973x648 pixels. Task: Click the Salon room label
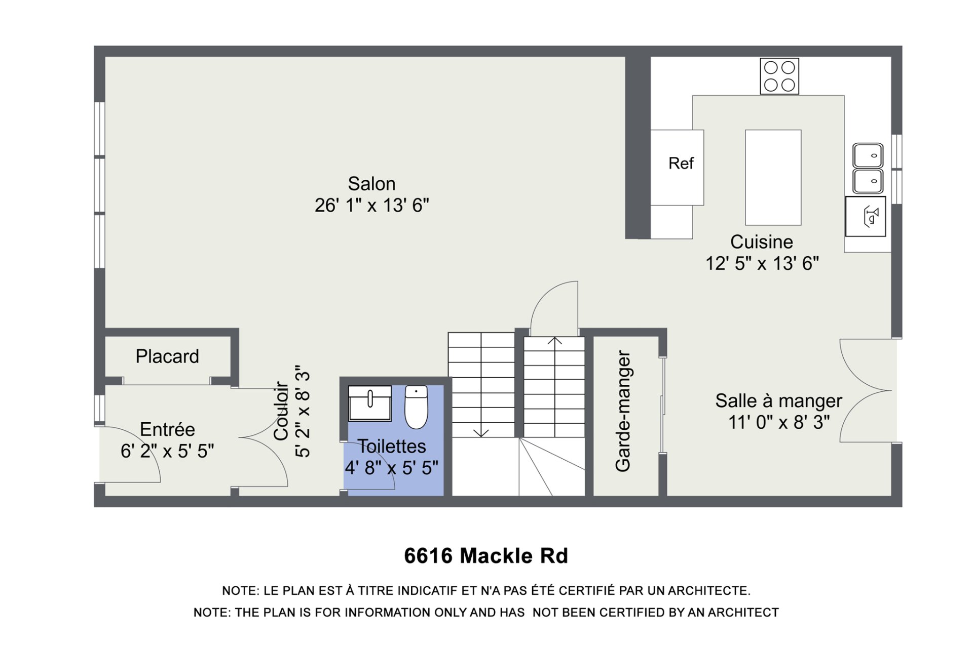click(371, 184)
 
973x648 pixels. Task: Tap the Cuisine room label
click(761, 242)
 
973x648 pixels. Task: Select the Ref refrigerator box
click(677, 168)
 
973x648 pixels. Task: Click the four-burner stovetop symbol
click(779, 76)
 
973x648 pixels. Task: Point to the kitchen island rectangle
click(773, 177)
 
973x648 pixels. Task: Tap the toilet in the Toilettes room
click(416, 407)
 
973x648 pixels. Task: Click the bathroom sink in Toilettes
click(370, 403)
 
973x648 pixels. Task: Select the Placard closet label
click(167, 356)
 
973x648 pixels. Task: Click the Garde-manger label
click(623, 411)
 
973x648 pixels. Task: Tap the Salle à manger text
click(778, 401)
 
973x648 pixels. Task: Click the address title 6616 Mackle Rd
click(486, 556)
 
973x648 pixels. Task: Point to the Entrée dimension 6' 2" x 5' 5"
click(167, 451)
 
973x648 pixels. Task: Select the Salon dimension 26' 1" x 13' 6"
click(371, 206)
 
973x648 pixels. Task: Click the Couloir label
click(281, 411)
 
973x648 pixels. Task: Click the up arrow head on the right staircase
click(555, 341)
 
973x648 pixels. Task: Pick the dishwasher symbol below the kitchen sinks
click(866, 217)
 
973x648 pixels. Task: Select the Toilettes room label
click(392, 447)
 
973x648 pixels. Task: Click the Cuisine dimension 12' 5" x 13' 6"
click(762, 264)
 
